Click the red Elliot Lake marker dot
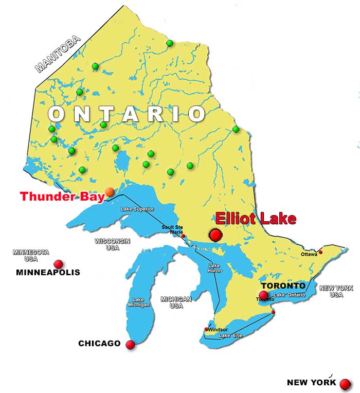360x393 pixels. tap(215, 236)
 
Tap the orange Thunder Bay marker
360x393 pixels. tap(110, 192)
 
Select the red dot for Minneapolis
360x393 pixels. tap(58, 264)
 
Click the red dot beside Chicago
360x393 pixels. tap(130, 345)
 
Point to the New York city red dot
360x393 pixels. tap(345, 384)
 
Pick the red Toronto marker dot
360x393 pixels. tap(263, 295)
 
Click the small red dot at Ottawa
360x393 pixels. tap(320, 252)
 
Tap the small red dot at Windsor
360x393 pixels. tap(206, 329)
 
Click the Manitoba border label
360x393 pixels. tap(58, 54)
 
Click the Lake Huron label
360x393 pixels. tap(214, 268)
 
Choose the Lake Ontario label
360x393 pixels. tap(290, 295)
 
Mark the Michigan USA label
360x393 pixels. tap(176, 302)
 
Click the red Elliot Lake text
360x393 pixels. tap(256, 219)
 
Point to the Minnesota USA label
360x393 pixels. tap(31, 255)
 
